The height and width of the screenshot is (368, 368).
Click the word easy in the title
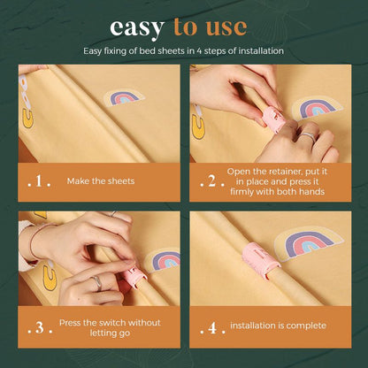click(137, 28)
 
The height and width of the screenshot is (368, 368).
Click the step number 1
click(39, 181)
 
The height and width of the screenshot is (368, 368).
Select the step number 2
click(212, 181)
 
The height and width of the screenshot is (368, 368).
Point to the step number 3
click(40, 328)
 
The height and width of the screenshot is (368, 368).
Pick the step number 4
click(212, 328)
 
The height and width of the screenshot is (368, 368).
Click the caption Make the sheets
click(101, 180)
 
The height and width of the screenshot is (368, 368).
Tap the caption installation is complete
click(278, 326)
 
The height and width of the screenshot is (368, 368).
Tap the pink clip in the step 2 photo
click(274, 119)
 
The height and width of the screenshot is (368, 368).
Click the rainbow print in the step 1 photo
click(125, 96)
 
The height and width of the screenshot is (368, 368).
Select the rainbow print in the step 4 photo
click(308, 242)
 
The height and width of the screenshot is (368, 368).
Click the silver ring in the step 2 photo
click(307, 136)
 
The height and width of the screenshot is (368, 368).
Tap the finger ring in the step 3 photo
click(97, 282)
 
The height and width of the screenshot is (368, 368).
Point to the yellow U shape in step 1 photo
click(27, 119)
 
